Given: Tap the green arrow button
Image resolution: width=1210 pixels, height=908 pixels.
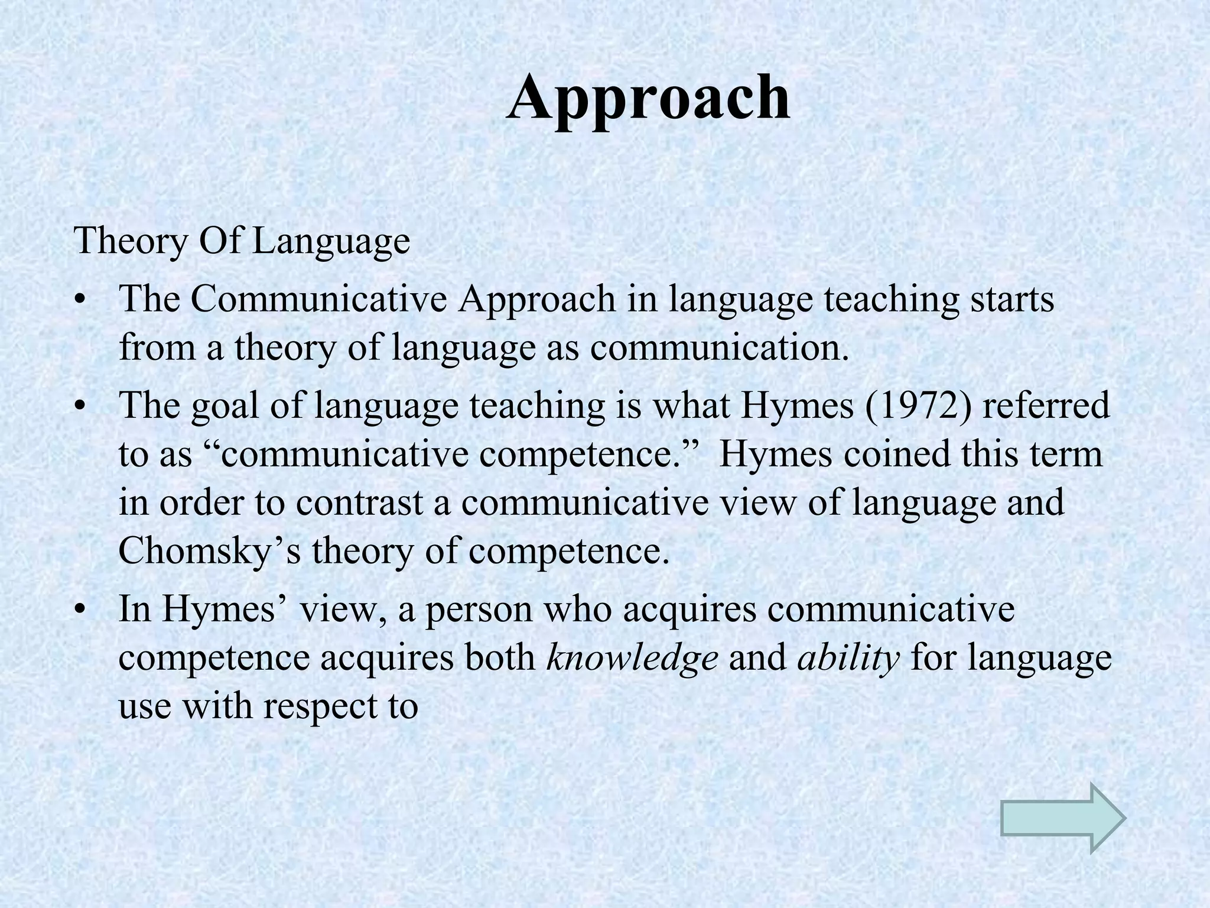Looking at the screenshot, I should [1063, 819].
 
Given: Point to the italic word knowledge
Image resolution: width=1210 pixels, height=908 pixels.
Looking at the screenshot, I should [632, 657].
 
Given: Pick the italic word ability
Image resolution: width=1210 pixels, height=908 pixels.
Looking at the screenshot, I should [848, 657].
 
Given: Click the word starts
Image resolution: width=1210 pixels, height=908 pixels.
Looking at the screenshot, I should [1012, 299].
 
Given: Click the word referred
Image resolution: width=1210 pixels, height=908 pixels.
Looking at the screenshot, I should [1046, 406].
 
